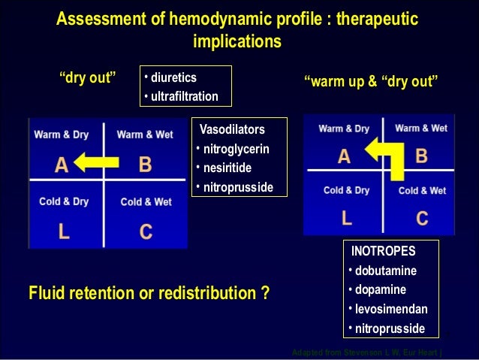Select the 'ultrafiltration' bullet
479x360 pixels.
pyautogui.click(x=183, y=96)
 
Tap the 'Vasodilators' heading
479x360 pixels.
pyautogui.click(x=232, y=130)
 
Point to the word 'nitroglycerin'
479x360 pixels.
pyautogui.click(x=236, y=148)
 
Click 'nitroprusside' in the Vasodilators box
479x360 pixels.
pyautogui.click(x=239, y=186)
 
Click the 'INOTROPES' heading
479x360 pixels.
pyautogui.click(x=383, y=250)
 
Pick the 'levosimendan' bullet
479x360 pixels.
pyautogui.click(x=391, y=309)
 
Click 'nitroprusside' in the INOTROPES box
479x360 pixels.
pyautogui.click(x=390, y=328)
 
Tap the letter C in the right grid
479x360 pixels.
pyautogui.click(x=422, y=219)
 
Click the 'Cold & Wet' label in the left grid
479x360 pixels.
pyautogui.click(x=146, y=202)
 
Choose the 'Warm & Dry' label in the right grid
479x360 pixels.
pyautogui.click(x=344, y=129)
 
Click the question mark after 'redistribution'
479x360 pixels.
pyautogui.click(x=265, y=292)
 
